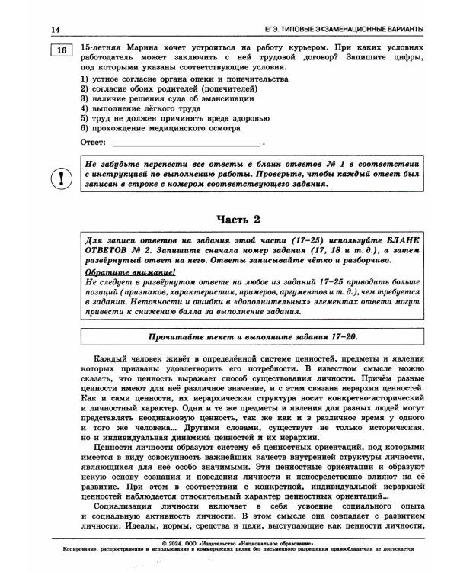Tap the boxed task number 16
point(61,50)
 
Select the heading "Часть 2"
point(238,220)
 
